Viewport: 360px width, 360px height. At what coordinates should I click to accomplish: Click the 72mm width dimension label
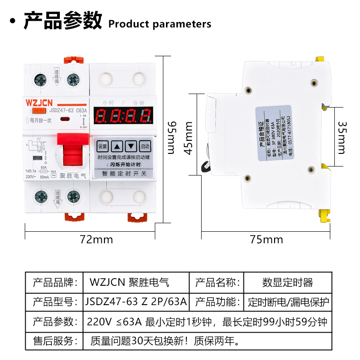click(x=96, y=239)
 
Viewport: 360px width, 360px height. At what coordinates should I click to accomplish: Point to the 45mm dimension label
click(x=189, y=138)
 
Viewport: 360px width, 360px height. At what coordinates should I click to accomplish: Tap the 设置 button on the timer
click(x=103, y=146)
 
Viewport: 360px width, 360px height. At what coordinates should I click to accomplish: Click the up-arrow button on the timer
click(x=117, y=146)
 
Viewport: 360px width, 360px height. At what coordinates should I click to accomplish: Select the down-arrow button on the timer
click(x=130, y=146)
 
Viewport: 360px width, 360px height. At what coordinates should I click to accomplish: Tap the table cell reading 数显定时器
click(x=287, y=283)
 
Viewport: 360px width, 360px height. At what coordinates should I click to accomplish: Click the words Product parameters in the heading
click(x=160, y=24)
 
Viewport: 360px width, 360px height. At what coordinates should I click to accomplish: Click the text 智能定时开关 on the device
click(x=124, y=173)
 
